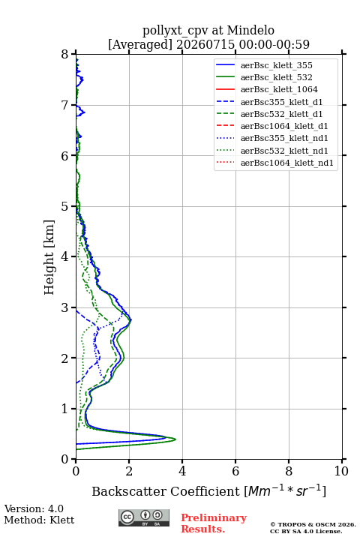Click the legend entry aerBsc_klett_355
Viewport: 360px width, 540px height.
click(x=276, y=65)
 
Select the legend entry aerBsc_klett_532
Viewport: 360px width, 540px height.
click(x=276, y=77)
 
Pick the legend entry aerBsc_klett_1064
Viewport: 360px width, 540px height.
click(x=279, y=89)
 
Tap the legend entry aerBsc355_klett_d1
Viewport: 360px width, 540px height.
click(x=281, y=102)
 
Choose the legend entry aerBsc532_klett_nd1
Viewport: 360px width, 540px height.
click(x=284, y=151)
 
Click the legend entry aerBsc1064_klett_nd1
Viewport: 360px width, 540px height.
click(x=287, y=163)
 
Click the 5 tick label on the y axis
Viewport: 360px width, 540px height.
click(x=65, y=206)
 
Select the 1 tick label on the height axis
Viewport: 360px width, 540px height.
click(x=65, y=409)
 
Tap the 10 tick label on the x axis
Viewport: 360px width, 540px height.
click(x=341, y=471)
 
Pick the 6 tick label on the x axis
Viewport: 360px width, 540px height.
click(x=235, y=471)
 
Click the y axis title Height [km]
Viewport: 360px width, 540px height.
click(x=49, y=257)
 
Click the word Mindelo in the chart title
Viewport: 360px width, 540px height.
click(x=250, y=31)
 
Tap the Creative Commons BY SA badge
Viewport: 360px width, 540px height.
click(x=144, y=517)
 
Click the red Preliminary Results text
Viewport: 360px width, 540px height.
click(x=214, y=523)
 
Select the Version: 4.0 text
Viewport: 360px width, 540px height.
click(x=34, y=508)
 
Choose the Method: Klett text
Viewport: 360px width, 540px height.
click(x=39, y=520)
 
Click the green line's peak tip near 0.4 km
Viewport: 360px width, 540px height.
click(x=175, y=439)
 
